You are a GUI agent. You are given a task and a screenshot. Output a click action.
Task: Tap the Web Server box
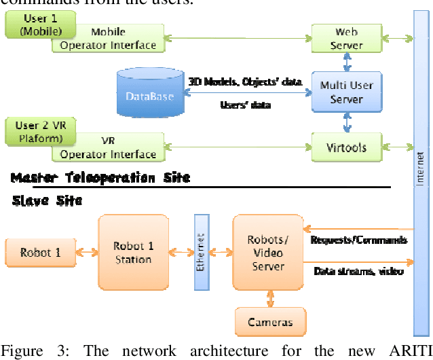pos(346,38)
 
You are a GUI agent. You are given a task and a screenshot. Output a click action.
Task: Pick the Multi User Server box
pos(346,92)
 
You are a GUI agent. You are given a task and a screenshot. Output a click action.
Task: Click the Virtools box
pos(346,147)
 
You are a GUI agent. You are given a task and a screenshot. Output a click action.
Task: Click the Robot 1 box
pos(40,252)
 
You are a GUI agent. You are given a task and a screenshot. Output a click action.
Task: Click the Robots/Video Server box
pos(267,252)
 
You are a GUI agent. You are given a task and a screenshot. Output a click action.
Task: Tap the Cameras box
pos(270,321)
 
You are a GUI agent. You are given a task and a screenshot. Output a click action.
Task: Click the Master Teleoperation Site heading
pos(100,178)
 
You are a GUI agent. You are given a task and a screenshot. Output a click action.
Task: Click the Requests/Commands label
pos(358,240)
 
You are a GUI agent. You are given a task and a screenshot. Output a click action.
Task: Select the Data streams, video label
pos(358,272)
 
